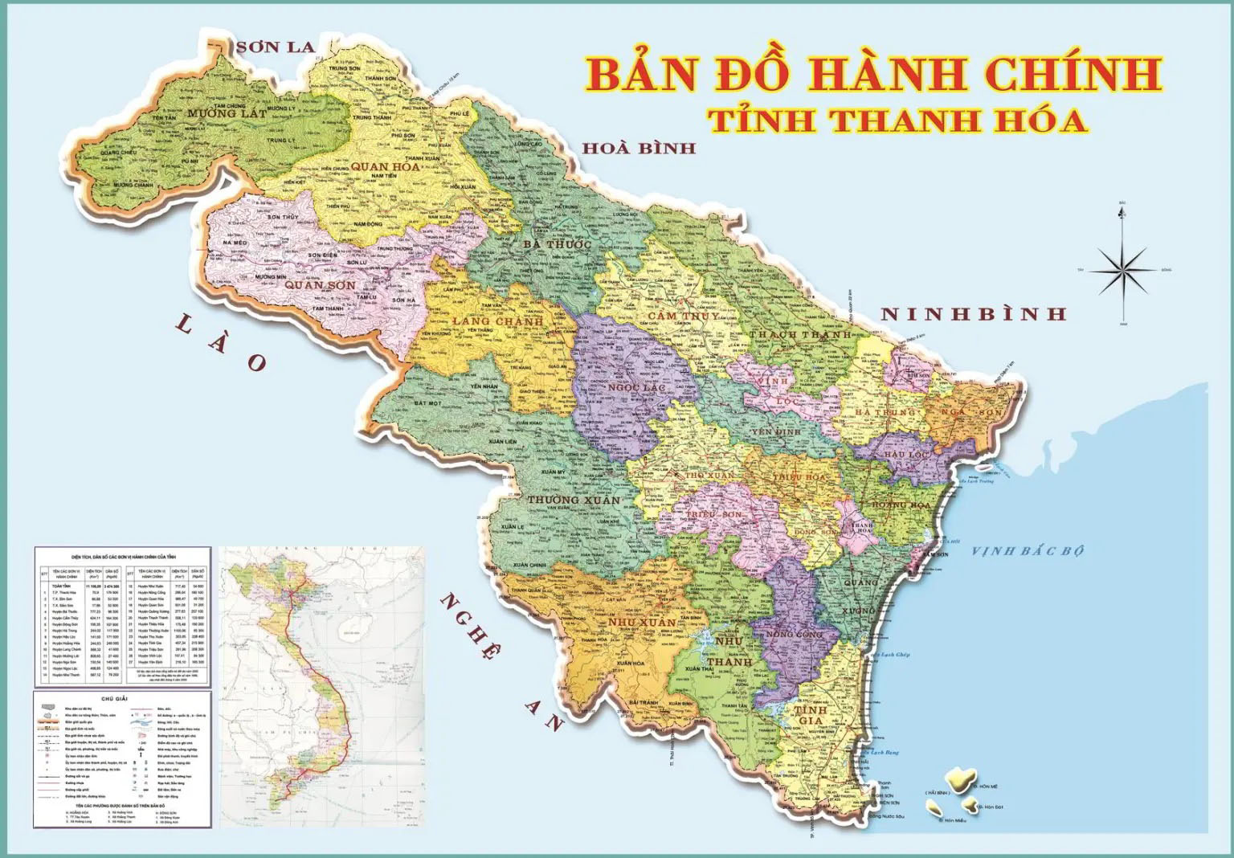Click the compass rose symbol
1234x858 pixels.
coord(1122,269)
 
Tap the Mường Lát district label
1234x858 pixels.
coord(227,114)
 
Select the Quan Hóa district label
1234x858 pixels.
coord(385,166)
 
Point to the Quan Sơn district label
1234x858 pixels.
coord(320,285)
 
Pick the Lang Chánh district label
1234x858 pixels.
coord(497,321)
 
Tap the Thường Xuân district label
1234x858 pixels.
coord(574,500)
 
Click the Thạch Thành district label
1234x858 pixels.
coord(799,334)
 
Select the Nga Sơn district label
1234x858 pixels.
coord(971,412)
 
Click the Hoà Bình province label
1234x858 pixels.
coord(639,148)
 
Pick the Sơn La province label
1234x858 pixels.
coord(276,47)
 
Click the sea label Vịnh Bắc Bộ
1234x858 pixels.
coord(1028,550)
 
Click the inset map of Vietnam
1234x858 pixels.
coord(321,687)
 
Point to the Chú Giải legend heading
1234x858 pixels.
coord(122,698)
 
